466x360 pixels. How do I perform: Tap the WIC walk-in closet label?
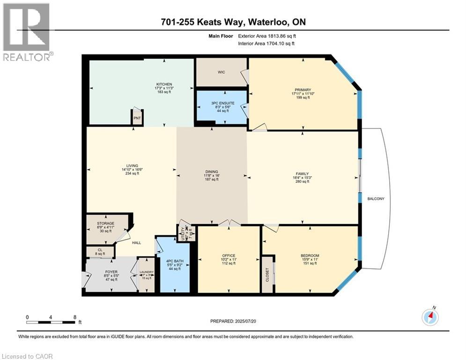pos(222,72)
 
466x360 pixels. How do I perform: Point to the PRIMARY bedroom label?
pos(303,90)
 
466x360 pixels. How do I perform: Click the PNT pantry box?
pos(137,118)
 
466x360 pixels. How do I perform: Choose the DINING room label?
pos(212,172)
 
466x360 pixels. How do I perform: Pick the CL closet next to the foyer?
pos(100,252)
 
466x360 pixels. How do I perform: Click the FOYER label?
pos(111,271)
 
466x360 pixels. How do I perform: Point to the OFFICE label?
pos(229,255)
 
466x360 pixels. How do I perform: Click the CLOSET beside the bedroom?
pos(267,273)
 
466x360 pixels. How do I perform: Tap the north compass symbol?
pos(430,317)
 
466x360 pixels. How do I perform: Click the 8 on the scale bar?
pos(75,317)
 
